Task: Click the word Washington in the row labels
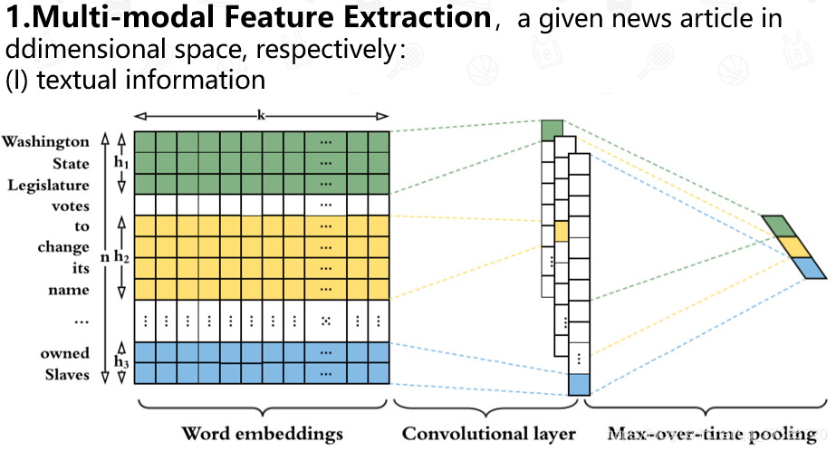click(x=45, y=142)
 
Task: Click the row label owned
click(x=64, y=353)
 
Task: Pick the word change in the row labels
click(x=63, y=247)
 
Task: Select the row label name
click(x=69, y=290)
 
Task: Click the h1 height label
click(x=120, y=163)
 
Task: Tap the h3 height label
click(x=120, y=362)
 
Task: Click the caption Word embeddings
click(x=263, y=434)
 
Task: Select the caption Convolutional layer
click(x=489, y=434)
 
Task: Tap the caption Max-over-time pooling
click(x=712, y=434)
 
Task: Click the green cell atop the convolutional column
click(x=552, y=130)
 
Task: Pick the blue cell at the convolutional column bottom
click(x=579, y=384)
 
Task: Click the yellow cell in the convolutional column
click(x=562, y=231)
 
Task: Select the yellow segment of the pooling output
click(x=793, y=246)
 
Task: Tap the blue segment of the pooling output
click(x=804, y=267)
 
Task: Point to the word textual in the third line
click(x=64, y=80)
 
